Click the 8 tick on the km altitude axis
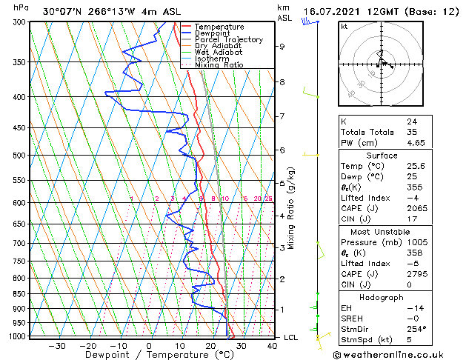(282, 82)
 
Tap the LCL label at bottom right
(291, 337)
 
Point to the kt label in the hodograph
(344, 27)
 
